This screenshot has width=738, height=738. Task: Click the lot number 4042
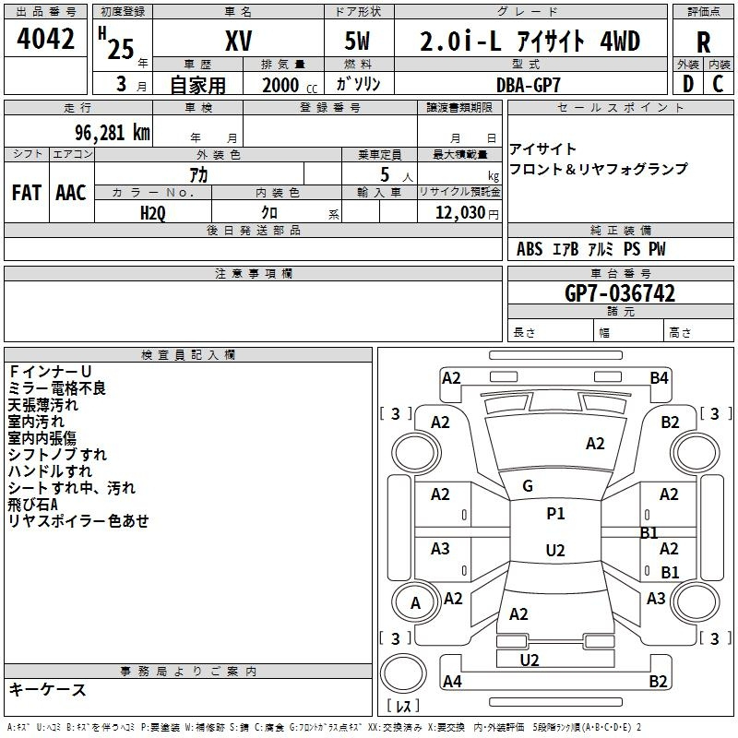[46, 40]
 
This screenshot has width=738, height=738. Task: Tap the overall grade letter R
[703, 42]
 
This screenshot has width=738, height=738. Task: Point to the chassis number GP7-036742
[620, 293]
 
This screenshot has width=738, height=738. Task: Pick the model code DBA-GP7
[527, 84]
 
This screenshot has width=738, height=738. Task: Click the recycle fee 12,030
[460, 211]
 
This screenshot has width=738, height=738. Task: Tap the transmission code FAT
[26, 192]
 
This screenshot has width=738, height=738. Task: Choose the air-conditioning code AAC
[70, 192]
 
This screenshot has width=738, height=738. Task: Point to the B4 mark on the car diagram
[659, 377]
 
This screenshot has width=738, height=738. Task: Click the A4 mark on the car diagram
[452, 682]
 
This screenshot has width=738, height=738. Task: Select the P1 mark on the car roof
[555, 514]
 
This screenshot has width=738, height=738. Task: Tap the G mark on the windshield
[528, 486]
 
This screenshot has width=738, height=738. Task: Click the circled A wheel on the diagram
[415, 603]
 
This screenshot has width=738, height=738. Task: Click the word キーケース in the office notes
[47, 690]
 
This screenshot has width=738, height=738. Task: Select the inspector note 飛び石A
[33, 505]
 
